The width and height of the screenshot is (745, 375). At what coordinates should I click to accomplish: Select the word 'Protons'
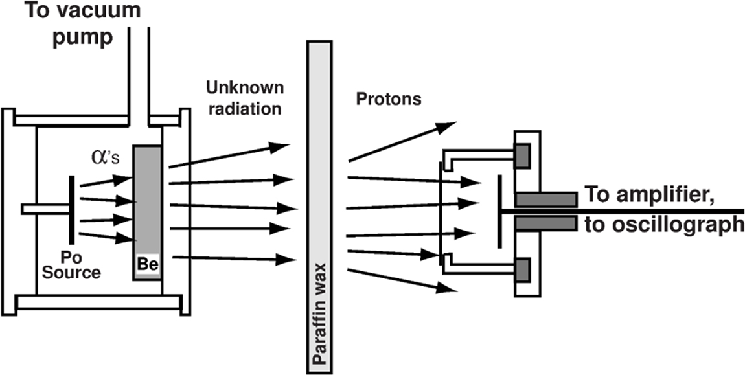pos(389,99)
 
